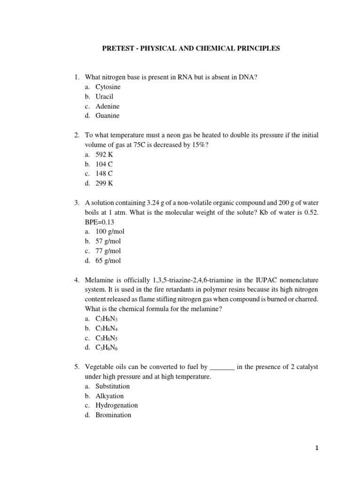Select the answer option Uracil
(x=104, y=96)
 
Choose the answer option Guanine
(x=107, y=116)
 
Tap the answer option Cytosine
(x=108, y=87)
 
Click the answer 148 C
(x=104, y=174)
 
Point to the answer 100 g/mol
(x=110, y=232)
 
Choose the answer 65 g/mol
(x=108, y=260)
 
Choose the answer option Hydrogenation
(x=117, y=405)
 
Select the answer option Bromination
(x=113, y=415)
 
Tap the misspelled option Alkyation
(x=110, y=396)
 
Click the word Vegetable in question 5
(x=101, y=367)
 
